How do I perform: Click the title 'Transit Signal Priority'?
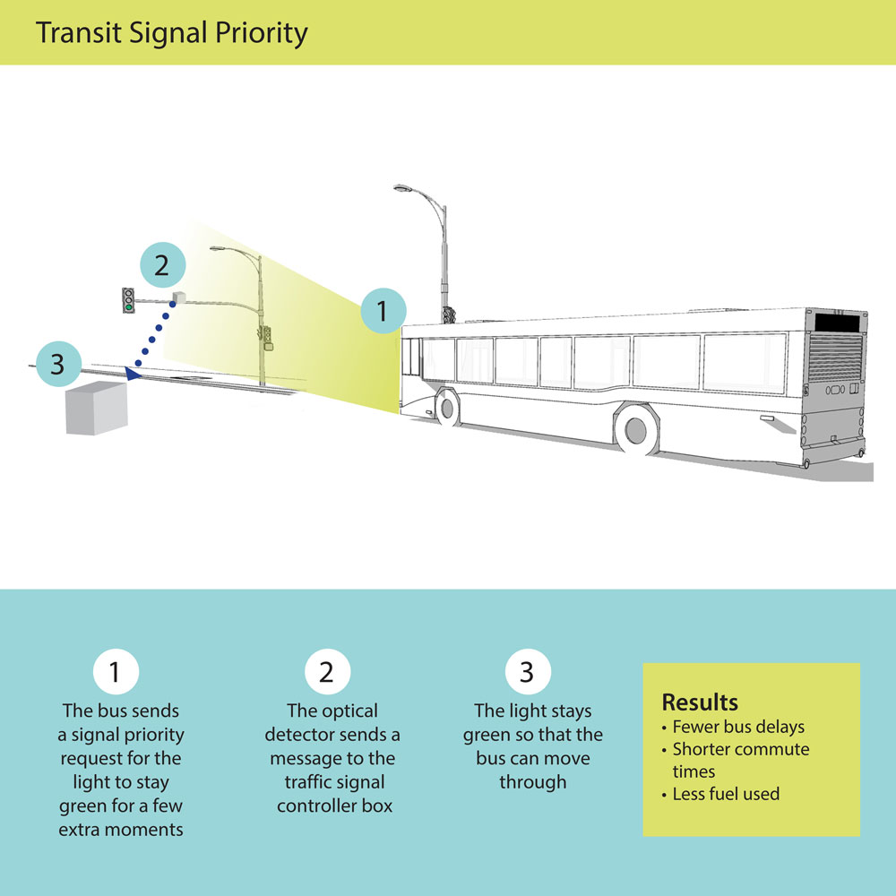(171, 33)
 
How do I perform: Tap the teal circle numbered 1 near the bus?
(383, 312)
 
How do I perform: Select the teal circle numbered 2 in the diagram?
(162, 264)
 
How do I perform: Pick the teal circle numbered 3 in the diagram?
(57, 365)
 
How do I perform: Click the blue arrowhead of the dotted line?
(133, 373)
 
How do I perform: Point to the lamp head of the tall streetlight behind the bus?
(403, 189)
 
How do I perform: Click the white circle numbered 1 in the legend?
(116, 671)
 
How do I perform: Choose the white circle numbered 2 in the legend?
(326, 671)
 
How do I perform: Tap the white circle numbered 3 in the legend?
(528, 671)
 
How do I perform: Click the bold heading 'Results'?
(700, 702)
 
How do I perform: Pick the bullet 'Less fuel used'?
(725, 794)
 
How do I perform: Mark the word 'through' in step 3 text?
(533, 781)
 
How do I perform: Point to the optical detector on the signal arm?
(177, 297)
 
